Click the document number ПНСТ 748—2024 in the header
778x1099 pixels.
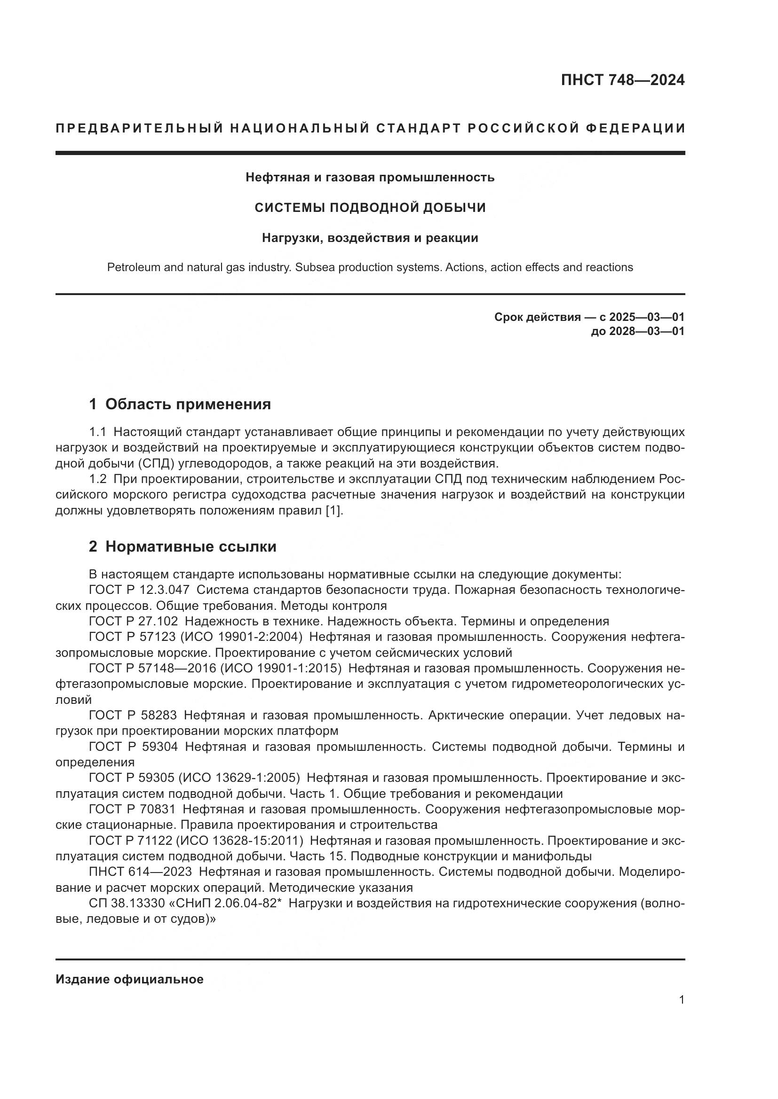pyautogui.click(x=622, y=80)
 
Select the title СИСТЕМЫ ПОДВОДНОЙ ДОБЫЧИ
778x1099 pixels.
pyautogui.click(x=370, y=207)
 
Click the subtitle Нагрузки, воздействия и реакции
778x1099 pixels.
pyautogui.click(x=370, y=238)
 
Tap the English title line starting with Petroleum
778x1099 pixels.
pyautogui.click(x=370, y=267)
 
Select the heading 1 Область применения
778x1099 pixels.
pyautogui.click(x=180, y=404)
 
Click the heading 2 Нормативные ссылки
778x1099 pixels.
pyautogui.click(x=183, y=546)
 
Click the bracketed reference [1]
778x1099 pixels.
pyautogui.click(x=334, y=510)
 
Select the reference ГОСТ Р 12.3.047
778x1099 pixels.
pyautogui.click(x=139, y=590)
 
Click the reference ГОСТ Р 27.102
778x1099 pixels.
pyautogui.click(x=133, y=621)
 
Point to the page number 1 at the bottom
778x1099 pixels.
pyautogui.click(x=681, y=1000)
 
